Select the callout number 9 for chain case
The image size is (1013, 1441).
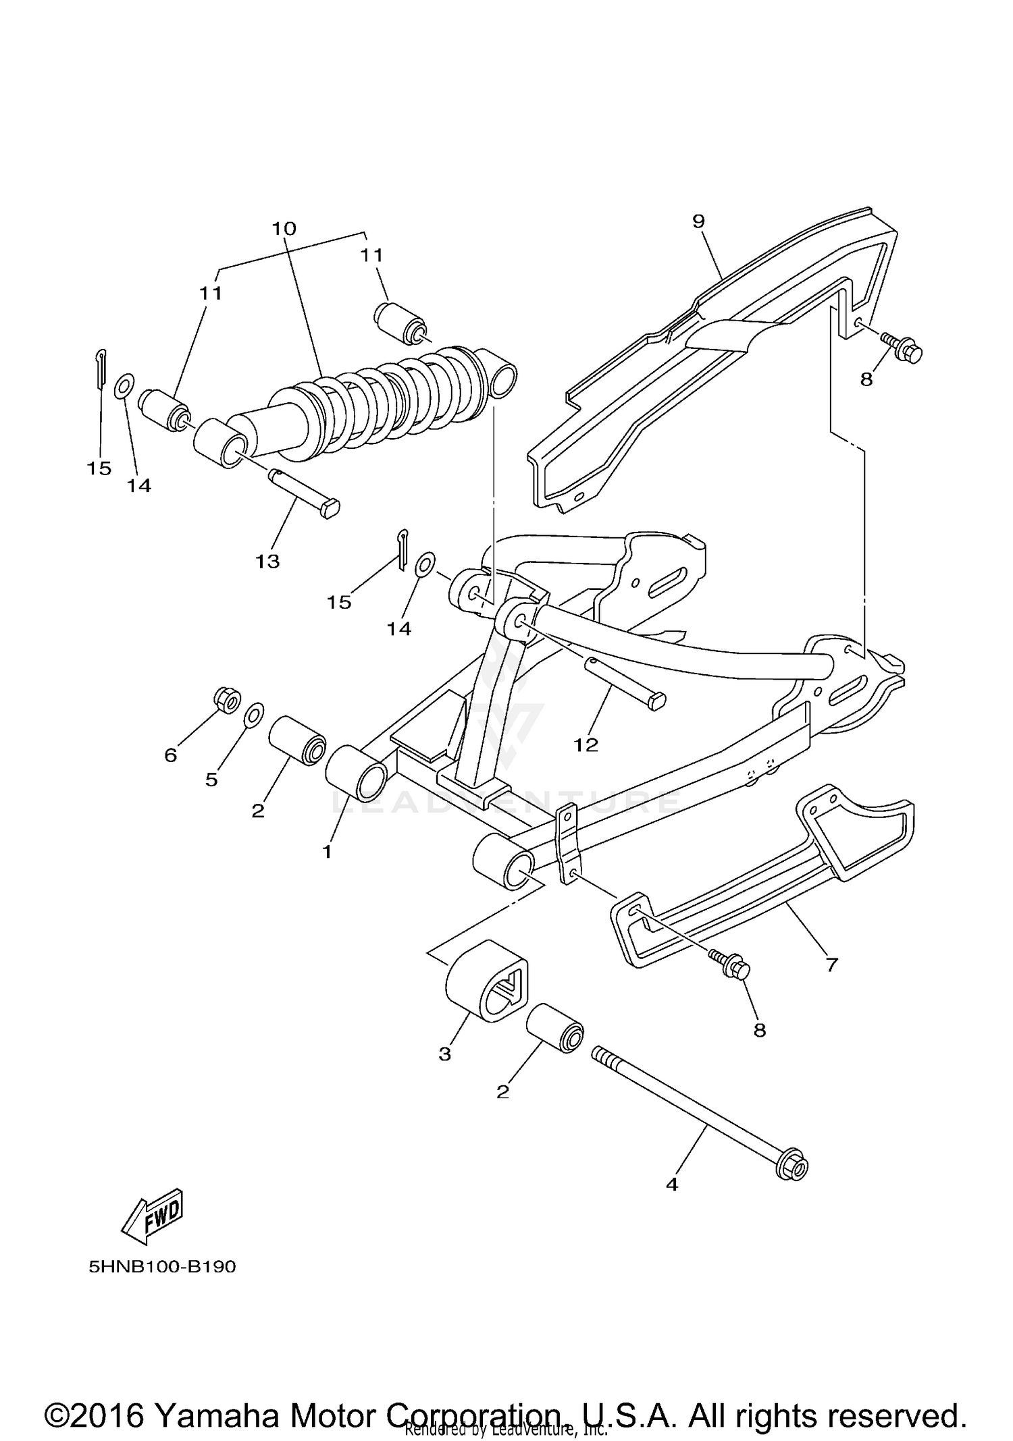click(x=698, y=221)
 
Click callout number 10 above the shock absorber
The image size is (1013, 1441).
click(x=284, y=228)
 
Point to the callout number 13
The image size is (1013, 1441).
click(x=267, y=561)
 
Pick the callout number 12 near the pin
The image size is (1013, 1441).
click(x=586, y=744)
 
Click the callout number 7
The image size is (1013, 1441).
click(x=831, y=964)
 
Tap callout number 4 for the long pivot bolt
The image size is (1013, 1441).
click(x=671, y=1184)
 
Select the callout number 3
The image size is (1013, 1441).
click(x=444, y=1054)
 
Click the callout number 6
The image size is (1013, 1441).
click(x=171, y=755)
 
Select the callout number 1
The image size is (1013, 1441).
click(x=327, y=852)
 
